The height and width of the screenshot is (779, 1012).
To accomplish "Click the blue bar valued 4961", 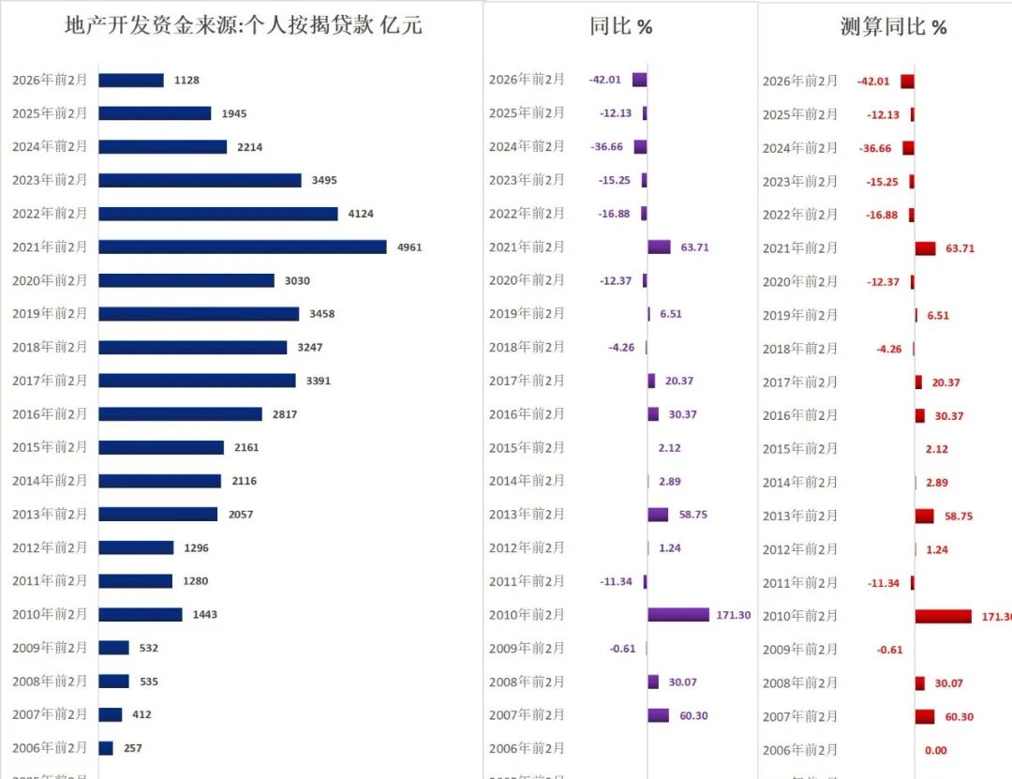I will pos(242,247).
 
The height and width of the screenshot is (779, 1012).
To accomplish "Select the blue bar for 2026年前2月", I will pos(131,81).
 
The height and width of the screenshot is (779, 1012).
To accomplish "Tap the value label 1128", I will pos(186,81).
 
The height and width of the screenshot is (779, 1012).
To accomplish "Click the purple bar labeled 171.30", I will pos(677,615).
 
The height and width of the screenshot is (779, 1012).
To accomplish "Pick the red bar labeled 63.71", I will pos(925,248).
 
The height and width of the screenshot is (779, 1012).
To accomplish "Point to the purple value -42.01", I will pos(605,80).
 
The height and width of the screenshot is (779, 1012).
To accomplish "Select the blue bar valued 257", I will pos(106,748).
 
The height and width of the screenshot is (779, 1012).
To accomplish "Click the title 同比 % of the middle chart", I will pos(620,26).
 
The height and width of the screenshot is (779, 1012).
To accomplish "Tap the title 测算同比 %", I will pos(893,27).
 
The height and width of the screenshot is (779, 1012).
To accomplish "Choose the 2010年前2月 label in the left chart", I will pos(50,614).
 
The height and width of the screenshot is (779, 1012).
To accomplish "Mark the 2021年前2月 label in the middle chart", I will pos(527,247).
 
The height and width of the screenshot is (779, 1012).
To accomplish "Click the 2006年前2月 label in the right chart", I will pos(800,750).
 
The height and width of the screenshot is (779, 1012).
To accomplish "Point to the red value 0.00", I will pos(935,750).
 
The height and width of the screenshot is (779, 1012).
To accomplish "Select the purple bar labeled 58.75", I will pos(658,515).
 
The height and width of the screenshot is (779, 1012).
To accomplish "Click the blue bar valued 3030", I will pos(186,280).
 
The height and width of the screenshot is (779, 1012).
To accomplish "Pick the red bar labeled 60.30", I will pos(925,717).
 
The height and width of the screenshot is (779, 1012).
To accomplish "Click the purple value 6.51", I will pos(671,314).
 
